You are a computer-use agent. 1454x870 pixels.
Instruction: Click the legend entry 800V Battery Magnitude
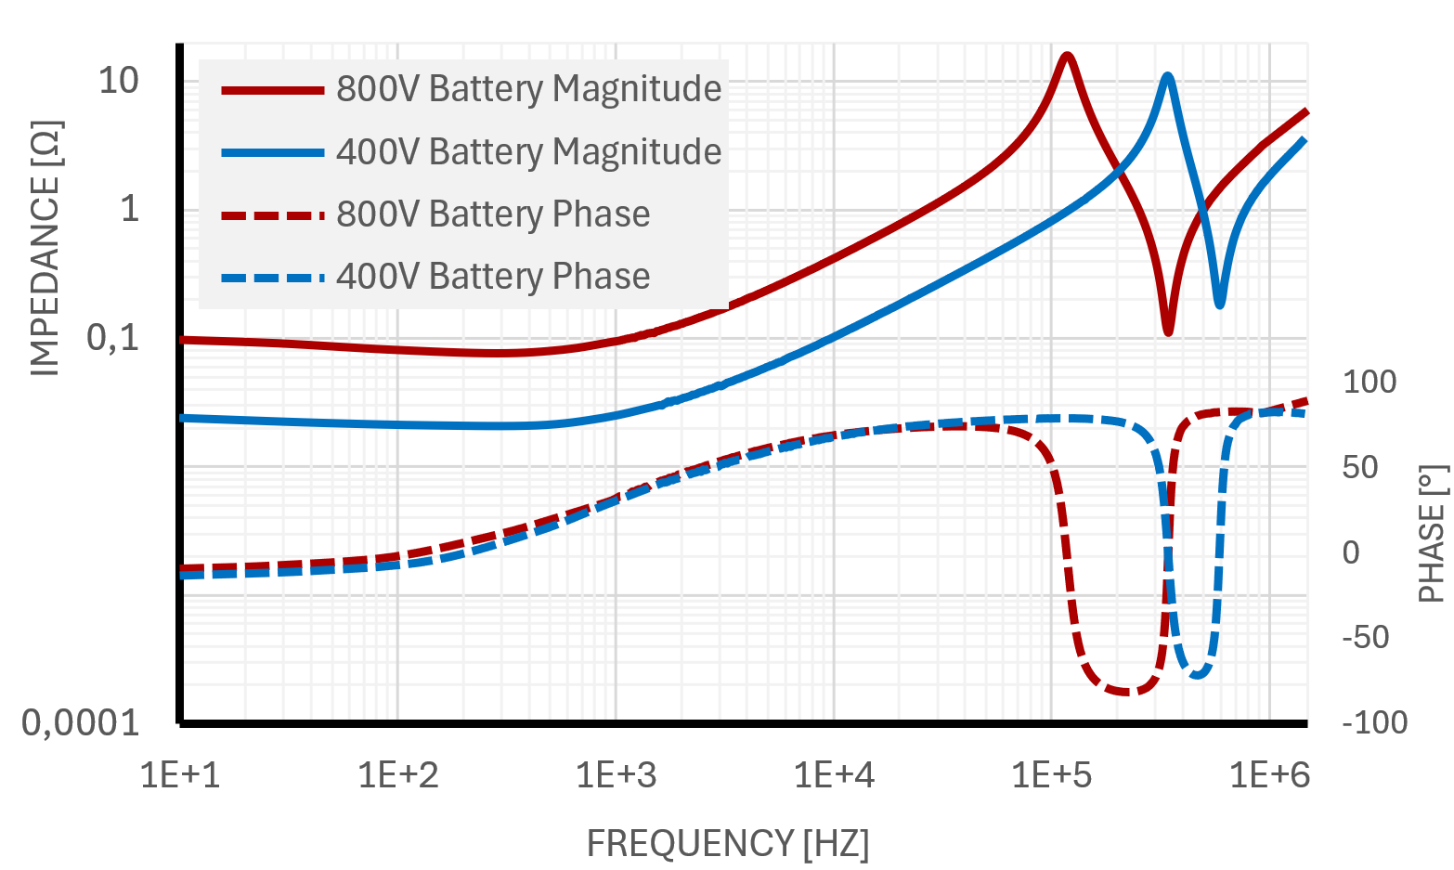[x=528, y=89]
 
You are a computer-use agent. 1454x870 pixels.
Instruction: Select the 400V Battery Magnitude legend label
[x=528, y=151]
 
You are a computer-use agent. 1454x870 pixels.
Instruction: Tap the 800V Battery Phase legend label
[x=493, y=214]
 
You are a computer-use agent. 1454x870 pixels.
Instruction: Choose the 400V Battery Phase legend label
[x=493, y=276]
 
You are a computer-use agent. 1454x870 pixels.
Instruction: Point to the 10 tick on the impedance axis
[x=118, y=81]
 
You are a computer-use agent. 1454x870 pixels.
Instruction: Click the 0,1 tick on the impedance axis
[x=112, y=337]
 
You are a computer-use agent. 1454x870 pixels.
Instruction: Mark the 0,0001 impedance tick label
[x=81, y=722]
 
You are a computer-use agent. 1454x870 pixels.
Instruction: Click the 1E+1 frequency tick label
[x=180, y=773]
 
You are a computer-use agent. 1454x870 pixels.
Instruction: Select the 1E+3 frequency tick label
[x=616, y=773]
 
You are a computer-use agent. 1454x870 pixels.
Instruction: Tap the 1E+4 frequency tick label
[x=834, y=773]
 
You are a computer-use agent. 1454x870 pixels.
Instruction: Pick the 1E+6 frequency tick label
[x=1269, y=773]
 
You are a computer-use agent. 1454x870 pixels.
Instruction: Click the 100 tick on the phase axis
[x=1370, y=382]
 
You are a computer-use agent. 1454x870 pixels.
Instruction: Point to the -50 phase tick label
[x=1366, y=637]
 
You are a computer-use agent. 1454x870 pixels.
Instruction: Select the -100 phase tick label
[x=1374, y=722]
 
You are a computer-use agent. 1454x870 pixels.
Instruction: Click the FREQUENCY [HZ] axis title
[x=727, y=843]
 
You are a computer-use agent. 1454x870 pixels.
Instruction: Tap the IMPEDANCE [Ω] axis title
[x=45, y=247]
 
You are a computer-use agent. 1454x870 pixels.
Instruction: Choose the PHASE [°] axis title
[x=1433, y=534]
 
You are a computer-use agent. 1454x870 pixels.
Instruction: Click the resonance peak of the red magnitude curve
[x=1068, y=56]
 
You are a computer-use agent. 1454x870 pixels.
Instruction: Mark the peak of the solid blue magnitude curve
[x=1168, y=76]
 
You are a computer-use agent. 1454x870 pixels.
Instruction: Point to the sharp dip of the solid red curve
[x=1168, y=331]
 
